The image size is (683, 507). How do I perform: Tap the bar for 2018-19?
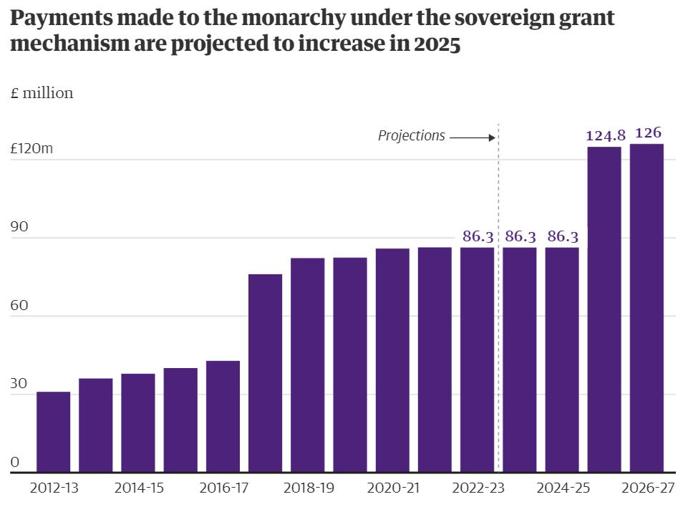[x=307, y=364]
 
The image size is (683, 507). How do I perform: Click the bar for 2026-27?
[x=646, y=308]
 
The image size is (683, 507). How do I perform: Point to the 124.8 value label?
[x=605, y=135]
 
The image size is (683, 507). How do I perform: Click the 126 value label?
[x=647, y=132]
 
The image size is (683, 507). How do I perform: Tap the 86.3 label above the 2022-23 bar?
[x=478, y=236]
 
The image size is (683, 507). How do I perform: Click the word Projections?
[x=411, y=136]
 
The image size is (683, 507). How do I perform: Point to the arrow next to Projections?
[x=473, y=137]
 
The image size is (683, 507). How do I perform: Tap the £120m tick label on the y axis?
[x=32, y=149]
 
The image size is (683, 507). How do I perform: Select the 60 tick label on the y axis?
[x=19, y=306]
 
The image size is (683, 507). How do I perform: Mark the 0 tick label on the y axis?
[x=15, y=463]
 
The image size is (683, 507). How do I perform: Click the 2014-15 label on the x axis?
[x=138, y=488]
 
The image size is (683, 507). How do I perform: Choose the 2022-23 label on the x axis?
[x=478, y=488]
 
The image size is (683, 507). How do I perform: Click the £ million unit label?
[x=42, y=93]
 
